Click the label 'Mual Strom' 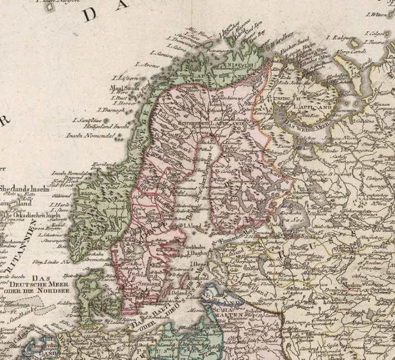pos(123,87)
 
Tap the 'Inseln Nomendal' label pos(90,135)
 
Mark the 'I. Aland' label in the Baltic pos(192,225)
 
